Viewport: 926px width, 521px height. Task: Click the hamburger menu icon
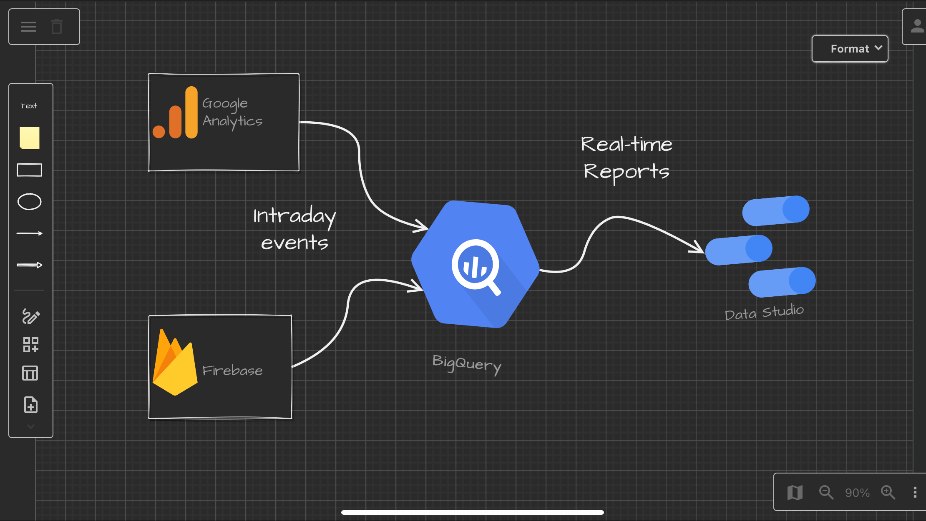point(28,27)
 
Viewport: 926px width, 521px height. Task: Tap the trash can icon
point(57,27)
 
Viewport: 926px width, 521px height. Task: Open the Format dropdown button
point(850,49)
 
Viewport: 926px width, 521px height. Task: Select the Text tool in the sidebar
point(29,106)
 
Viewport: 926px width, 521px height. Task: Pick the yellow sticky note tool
point(30,138)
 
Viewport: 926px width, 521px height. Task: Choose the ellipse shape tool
point(29,202)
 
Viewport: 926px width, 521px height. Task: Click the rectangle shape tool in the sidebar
point(29,170)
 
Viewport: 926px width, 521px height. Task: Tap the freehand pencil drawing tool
point(31,316)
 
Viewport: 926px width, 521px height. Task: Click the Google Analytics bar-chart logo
point(175,113)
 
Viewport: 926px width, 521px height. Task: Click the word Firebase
point(232,371)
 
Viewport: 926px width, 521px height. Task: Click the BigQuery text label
point(467,364)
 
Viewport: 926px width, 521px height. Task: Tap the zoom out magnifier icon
point(826,492)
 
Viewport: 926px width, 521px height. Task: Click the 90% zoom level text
point(857,493)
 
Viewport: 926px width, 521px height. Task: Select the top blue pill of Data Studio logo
point(776,211)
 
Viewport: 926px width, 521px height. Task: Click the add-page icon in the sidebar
point(31,405)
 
